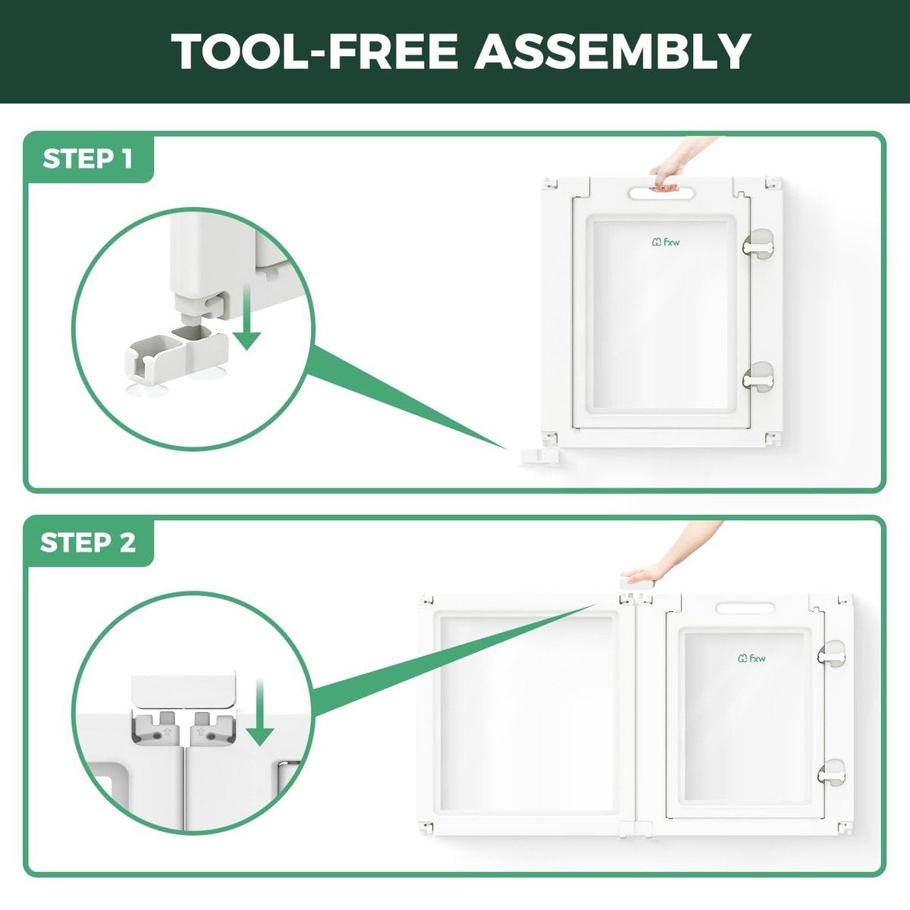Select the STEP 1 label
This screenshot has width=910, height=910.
88,158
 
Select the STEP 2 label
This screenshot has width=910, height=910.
88,543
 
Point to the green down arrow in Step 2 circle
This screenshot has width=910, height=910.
259,712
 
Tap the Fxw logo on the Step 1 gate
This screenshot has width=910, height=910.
666,242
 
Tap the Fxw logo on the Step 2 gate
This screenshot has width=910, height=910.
752,657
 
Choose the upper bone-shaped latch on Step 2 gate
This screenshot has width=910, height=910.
831,655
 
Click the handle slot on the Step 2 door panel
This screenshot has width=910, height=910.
745,608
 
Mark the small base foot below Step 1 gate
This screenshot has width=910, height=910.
539,457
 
